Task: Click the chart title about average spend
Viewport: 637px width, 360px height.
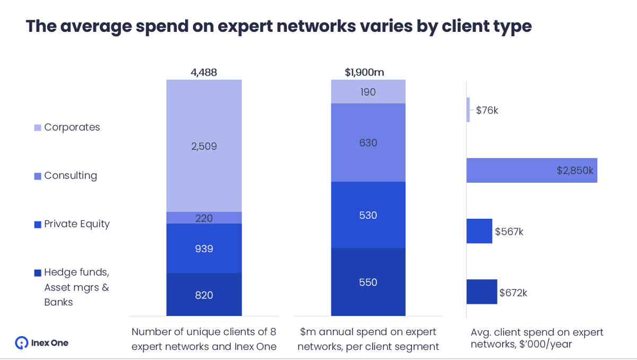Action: click(279, 26)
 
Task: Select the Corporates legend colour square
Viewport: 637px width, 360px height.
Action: click(37, 127)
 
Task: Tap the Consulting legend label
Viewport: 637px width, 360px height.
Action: click(71, 176)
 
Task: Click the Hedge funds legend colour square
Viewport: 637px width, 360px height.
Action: click(37, 273)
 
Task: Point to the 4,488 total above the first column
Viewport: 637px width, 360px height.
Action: click(204, 73)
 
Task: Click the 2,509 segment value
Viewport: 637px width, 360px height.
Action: click(204, 146)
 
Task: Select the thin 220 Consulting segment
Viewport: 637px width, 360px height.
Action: click(204, 217)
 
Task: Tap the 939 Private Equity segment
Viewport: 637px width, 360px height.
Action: click(204, 248)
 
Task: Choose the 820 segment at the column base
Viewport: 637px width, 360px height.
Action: click(204, 295)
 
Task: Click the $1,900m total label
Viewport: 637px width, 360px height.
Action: click(368, 73)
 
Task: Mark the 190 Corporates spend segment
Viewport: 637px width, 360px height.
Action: click(368, 92)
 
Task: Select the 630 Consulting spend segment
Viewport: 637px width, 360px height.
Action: click(368, 142)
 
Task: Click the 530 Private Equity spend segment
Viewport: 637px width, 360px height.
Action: click(368, 215)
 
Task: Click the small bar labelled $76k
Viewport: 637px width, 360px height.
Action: click(468, 110)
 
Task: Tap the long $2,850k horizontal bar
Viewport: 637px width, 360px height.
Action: click(531, 170)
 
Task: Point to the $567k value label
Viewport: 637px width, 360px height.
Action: click(509, 232)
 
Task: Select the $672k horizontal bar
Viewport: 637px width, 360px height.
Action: click(481, 292)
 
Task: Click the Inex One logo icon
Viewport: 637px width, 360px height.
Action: click(22, 343)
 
